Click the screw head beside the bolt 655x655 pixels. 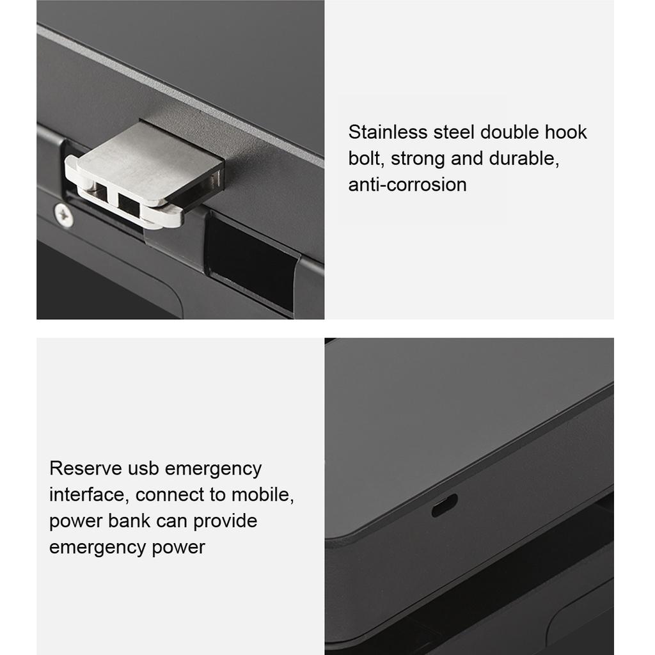point(63,214)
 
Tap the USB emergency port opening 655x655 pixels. point(444,505)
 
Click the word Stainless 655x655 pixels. point(388,132)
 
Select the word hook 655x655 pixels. point(565,132)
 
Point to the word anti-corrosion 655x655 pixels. point(407,185)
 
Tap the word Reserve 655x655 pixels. point(86,468)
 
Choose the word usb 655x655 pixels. point(143,468)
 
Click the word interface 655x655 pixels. point(88,494)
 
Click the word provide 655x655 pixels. point(225,521)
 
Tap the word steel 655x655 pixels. point(454,132)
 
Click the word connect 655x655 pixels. point(170,494)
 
